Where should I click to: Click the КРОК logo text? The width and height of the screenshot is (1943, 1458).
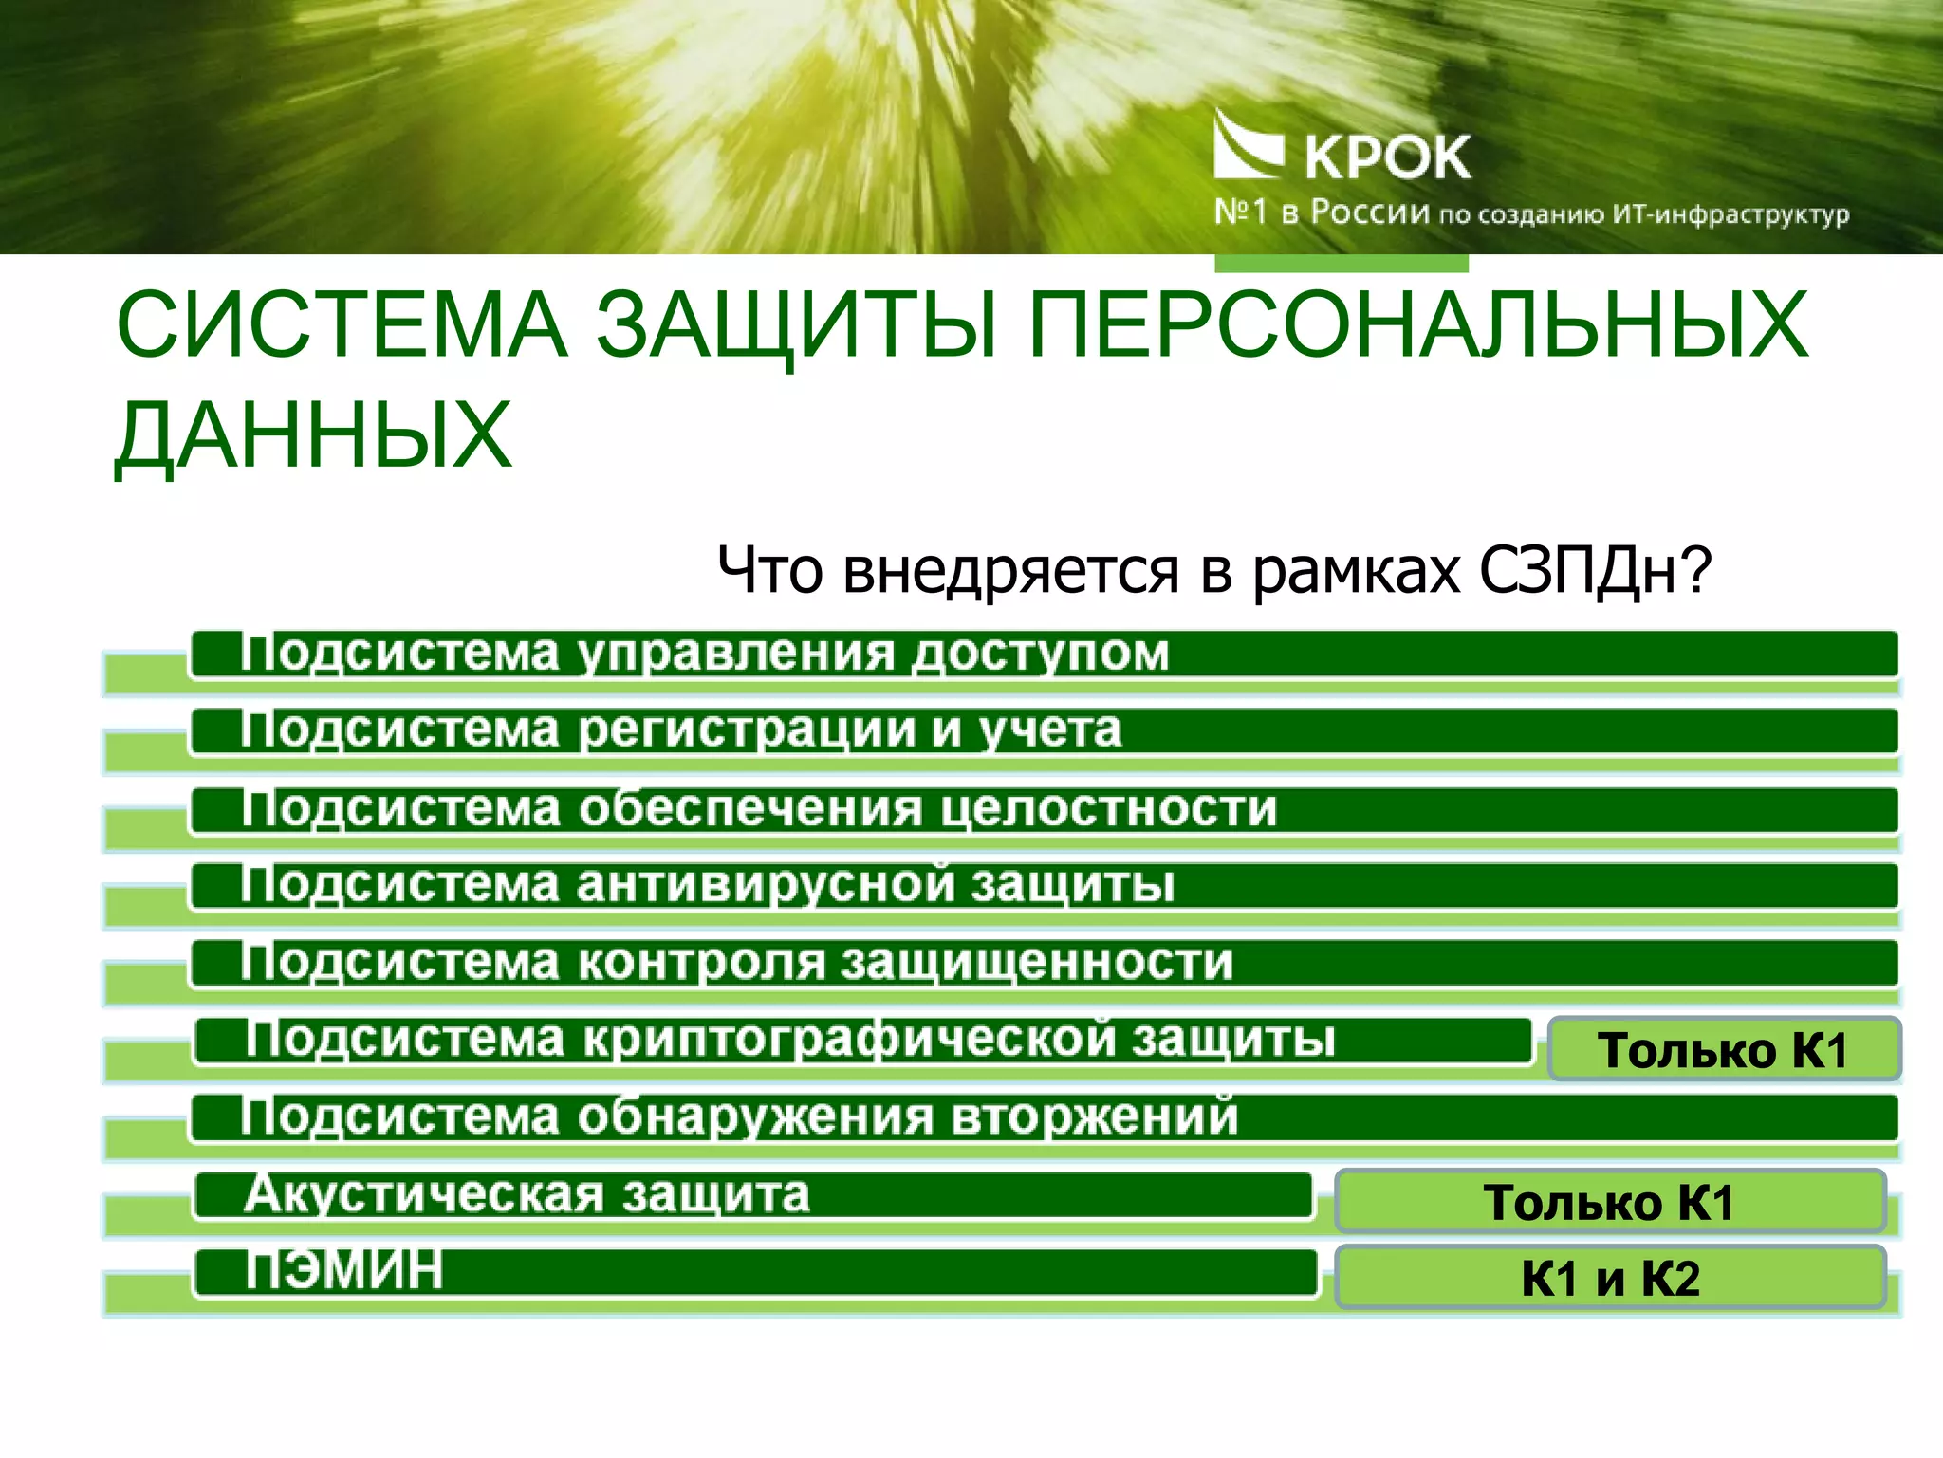(x=1387, y=157)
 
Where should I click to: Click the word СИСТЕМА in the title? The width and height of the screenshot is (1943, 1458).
(x=342, y=325)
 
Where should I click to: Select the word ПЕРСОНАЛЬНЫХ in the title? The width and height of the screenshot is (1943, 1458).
(x=1418, y=325)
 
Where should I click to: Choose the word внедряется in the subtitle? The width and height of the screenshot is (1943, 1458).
(x=1010, y=571)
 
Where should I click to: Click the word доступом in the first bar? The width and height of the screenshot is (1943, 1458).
(x=1041, y=654)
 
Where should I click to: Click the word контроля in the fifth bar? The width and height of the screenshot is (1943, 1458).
(x=701, y=963)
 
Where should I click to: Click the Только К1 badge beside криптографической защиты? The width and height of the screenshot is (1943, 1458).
(x=1723, y=1050)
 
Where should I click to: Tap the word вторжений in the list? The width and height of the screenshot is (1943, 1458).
(x=1094, y=1117)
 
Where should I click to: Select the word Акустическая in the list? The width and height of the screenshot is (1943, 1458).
(x=423, y=1194)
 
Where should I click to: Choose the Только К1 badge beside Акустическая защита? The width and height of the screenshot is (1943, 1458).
(x=1609, y=1202)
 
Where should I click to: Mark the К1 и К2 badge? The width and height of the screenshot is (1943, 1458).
(x=1610, y=1278)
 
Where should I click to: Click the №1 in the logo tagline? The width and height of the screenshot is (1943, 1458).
(x=1241, y=212)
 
